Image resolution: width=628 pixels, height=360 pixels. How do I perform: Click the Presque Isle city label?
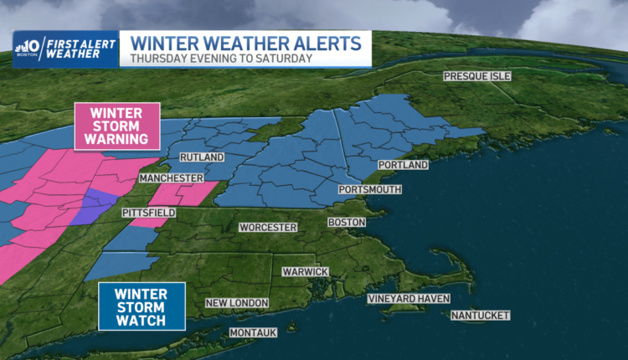(x=476, y=76)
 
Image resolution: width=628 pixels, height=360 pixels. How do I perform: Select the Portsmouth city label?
(x=369, y=190)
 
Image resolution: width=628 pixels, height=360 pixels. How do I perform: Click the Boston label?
(x=347, y=222)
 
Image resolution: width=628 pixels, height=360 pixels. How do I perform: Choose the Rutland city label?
(x=202, y=157)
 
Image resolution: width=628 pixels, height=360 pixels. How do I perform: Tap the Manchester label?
(x=172, y=179)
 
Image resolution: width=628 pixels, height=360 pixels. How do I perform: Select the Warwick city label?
(x=305, y=272)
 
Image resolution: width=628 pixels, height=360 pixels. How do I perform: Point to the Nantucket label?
(x=480, y=316)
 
